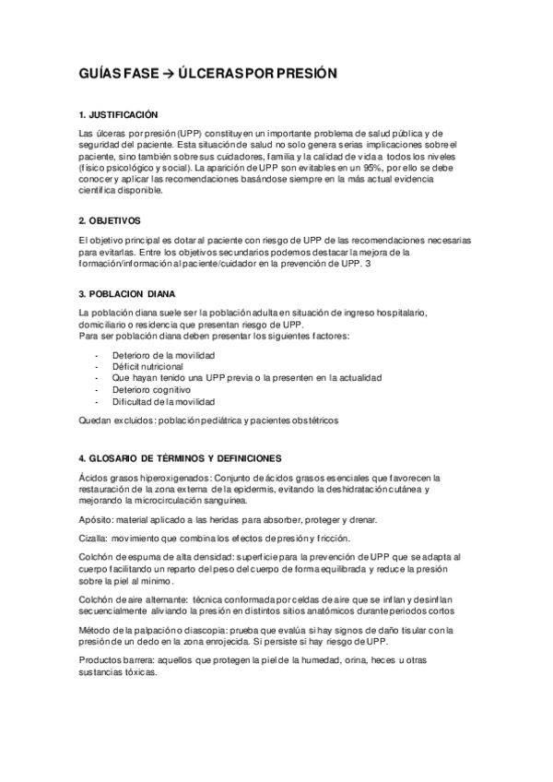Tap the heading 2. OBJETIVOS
pos(110,220)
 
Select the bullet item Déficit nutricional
pos(147,366)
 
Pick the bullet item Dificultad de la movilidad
pos(164,402)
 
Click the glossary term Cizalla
pos(95,539)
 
